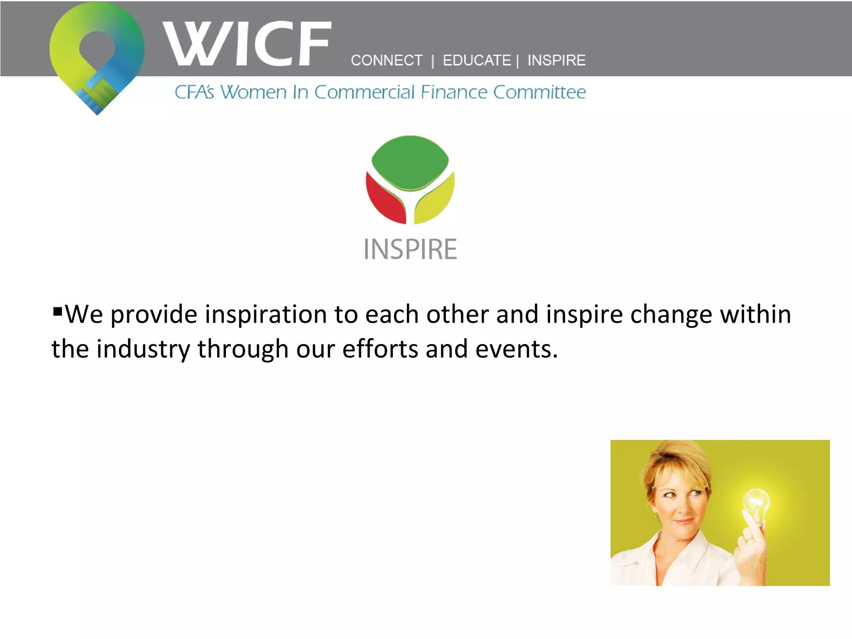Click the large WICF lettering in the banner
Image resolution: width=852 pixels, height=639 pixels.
247,44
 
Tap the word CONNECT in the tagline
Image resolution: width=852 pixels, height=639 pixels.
386,61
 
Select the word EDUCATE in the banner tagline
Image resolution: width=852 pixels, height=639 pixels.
476,61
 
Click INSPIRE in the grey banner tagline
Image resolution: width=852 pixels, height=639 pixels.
556,61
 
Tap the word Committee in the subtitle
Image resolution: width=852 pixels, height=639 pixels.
540,92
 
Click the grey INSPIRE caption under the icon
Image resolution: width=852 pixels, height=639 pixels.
410,250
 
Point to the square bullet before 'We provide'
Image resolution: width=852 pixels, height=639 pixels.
57,311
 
